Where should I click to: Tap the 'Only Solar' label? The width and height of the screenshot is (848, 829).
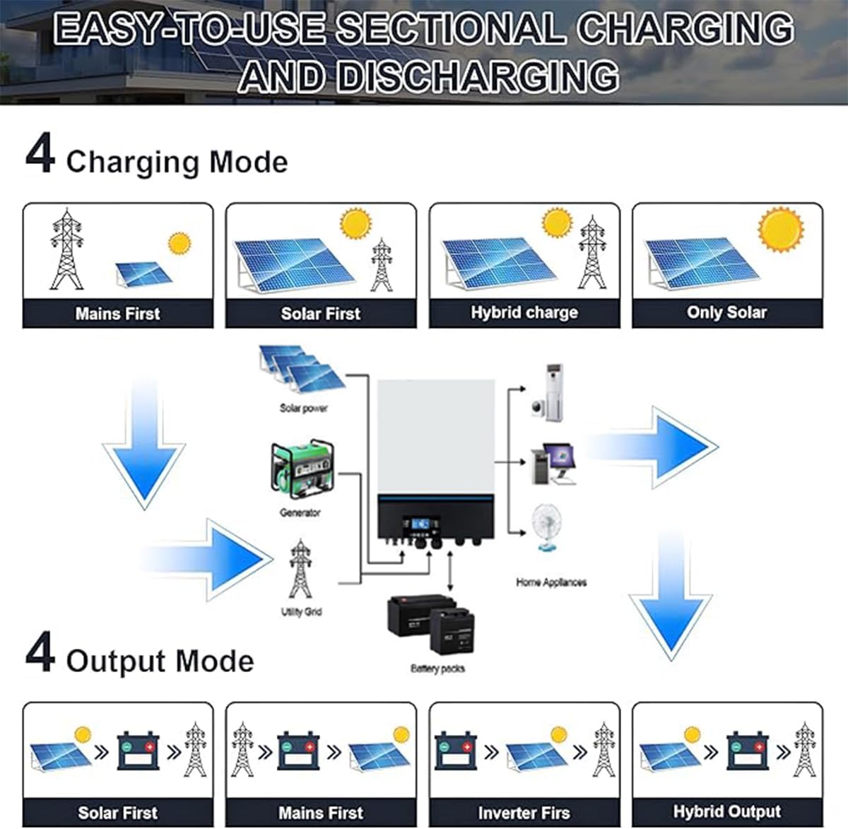[x=726, y=312]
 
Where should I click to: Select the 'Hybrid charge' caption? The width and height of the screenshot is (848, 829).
[x=524, y=312]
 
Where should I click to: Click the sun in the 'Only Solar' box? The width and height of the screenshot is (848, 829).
[x=780, y=230]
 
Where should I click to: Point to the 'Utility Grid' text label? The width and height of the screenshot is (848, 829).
[x=301, y=611]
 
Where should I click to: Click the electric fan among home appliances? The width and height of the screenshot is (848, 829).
[x=546, y=527]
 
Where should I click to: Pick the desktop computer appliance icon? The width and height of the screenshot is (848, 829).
[x=555, y=464]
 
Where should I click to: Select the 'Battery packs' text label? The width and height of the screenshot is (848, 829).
[x=437, y=668]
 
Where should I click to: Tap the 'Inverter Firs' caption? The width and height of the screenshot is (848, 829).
[x=524, y=813]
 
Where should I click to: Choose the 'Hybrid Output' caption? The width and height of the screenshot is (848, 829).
[x=726, y=811]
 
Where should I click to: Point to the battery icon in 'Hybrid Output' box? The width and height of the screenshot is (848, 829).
[x=748, y=751]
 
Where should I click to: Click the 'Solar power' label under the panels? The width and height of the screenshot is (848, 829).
[x=304, y=408]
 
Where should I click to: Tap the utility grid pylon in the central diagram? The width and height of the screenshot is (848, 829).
[x=300, y=570]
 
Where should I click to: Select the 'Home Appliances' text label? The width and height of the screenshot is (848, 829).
[x=551, y=582]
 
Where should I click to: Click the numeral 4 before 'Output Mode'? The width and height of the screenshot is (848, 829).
[x=40, y=654]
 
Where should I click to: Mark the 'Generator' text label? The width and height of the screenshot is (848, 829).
[x=300, y=512]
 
